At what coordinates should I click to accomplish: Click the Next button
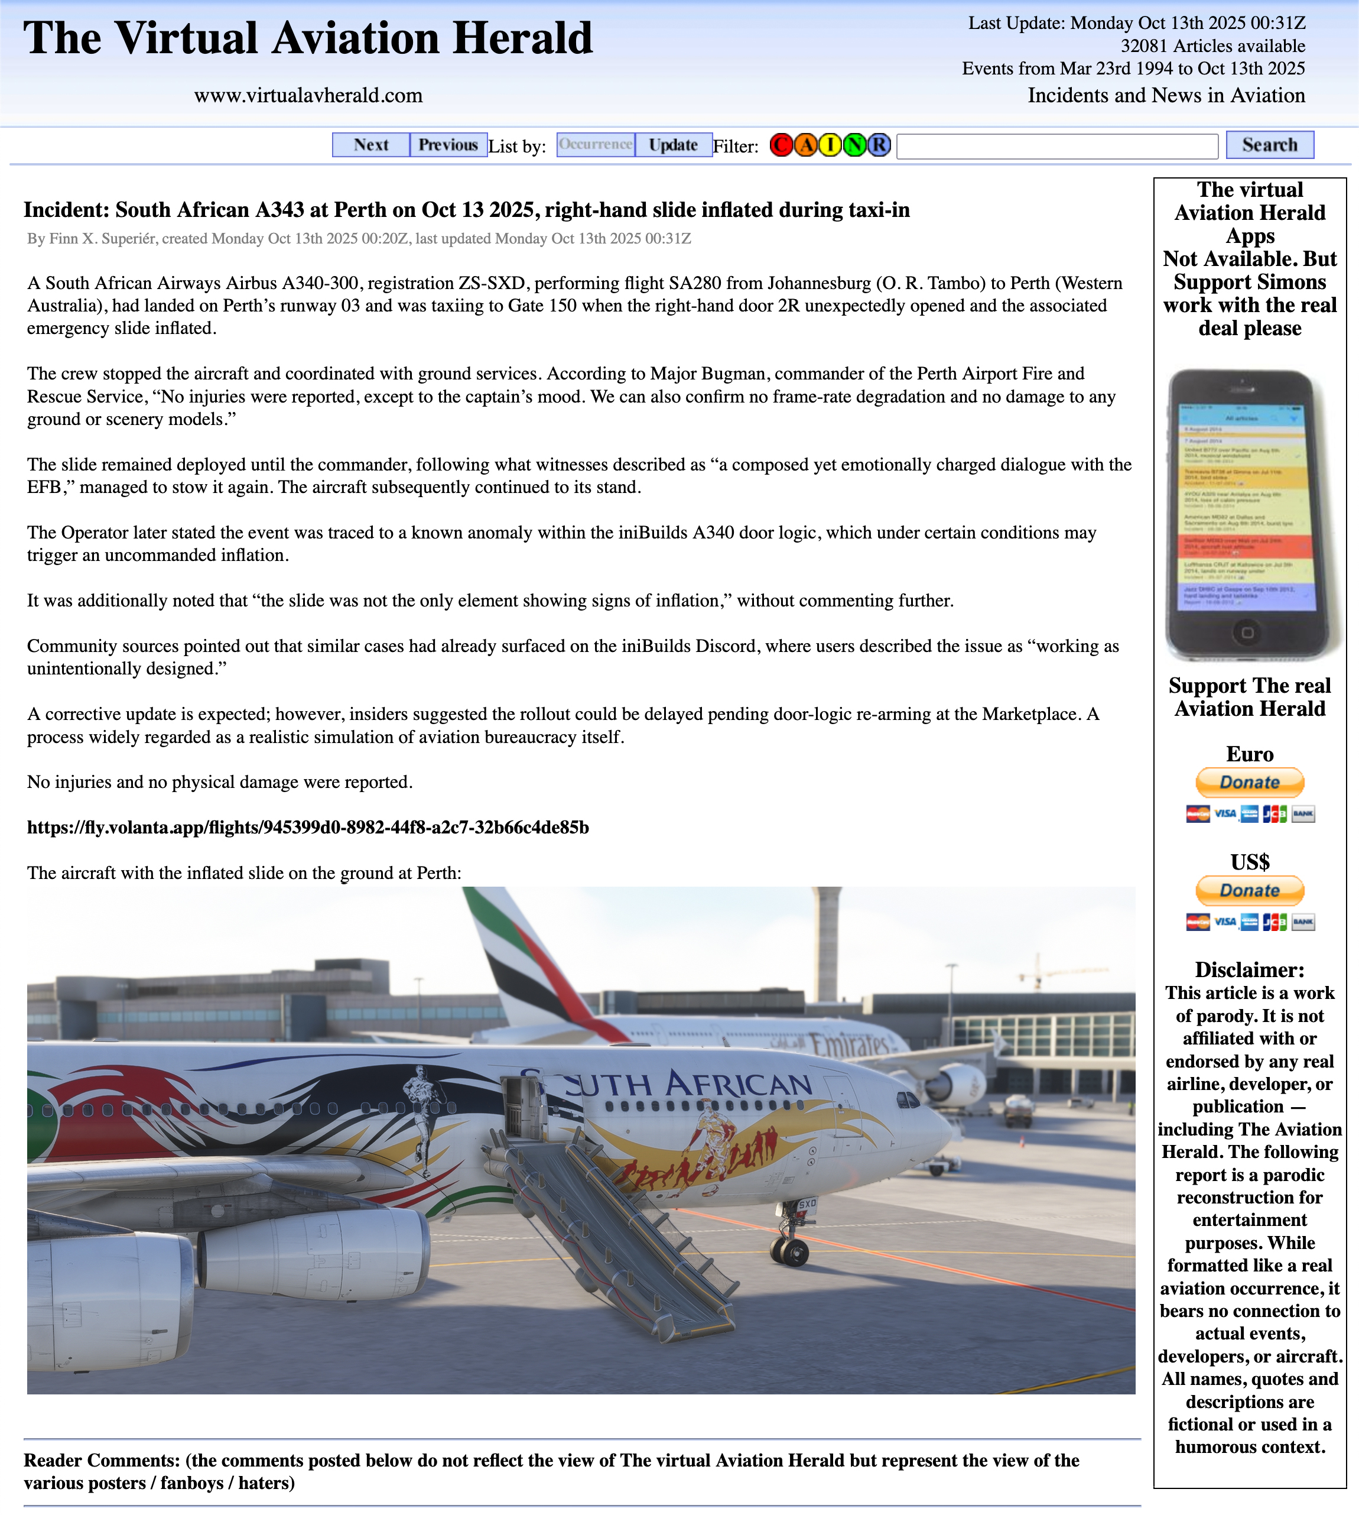coord(371,145)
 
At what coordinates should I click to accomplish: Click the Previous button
coord(448,145)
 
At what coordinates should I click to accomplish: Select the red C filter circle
coord(781,145)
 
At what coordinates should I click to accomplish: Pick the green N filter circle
coord(855,145)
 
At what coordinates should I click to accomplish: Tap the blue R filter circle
coord(880,145)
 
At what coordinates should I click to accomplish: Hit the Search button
coord(1269,145)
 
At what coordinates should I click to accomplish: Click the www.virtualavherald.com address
coord(308,96)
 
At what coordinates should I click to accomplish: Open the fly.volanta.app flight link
coord(308,828)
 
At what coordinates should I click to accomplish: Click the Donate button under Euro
coord(1249,782)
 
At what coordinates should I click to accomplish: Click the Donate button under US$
coord(1249,890)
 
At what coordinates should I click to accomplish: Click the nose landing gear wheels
coord(791,1251)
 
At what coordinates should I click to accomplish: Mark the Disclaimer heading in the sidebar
coord(1249,969)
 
